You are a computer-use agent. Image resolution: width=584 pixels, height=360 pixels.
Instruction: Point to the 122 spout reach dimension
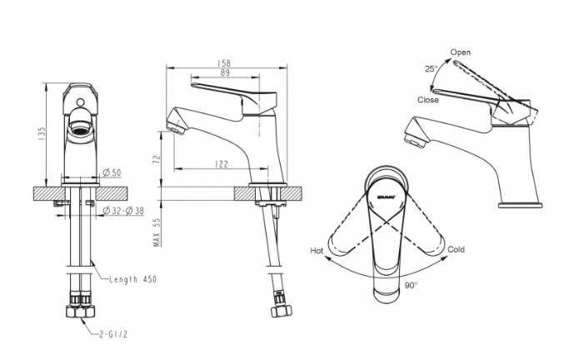click(221, 165)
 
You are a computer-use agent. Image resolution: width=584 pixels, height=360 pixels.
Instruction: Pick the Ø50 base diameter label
click(112, 172)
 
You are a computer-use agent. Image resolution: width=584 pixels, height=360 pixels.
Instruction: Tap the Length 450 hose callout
click(132, 279)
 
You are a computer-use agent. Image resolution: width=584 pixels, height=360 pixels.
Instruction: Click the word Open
click(461, 52)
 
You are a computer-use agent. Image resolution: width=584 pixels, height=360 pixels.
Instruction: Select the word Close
click(428, 100)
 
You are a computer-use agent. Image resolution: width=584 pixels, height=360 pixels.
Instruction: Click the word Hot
click(317, 250)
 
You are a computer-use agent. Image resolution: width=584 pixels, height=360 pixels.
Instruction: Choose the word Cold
click(457, 249)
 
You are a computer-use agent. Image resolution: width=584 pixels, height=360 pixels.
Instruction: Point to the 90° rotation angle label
click(410, 285)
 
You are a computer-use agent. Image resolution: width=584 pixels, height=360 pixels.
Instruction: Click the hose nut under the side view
click(277, 312)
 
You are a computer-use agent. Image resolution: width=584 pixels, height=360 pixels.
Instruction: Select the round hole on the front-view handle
click(81, 104)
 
